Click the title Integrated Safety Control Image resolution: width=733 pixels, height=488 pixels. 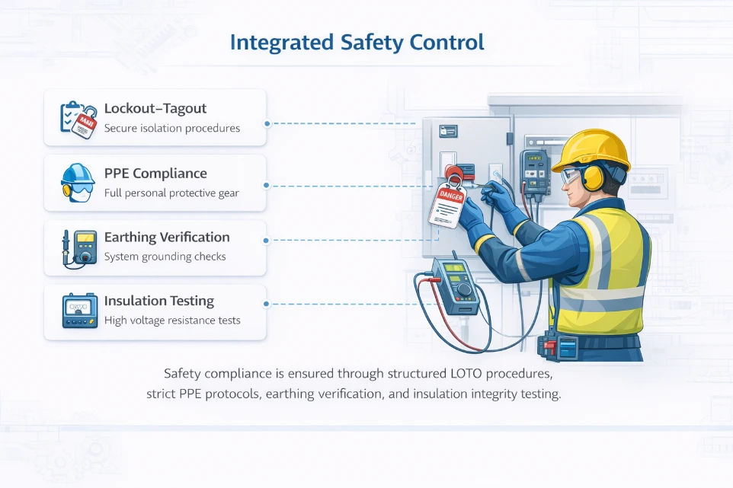(357, 42)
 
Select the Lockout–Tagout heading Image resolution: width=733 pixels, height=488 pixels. (155, 108)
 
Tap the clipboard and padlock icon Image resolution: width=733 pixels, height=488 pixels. (78, 120)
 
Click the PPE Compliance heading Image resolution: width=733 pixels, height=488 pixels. (155, 174)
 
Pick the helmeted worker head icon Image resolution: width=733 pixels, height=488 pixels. (78, 183)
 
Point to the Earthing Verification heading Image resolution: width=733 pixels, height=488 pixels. (167, 238)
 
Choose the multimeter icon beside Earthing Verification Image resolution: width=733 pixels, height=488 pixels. (79, 248)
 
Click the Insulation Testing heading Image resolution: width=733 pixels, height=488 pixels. (159, 301)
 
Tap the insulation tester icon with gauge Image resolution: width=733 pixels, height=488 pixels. (80, 311)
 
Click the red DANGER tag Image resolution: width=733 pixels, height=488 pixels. (447, 206)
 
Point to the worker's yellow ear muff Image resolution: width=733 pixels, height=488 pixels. (593, 178)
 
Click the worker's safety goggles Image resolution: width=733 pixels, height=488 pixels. (571, 176)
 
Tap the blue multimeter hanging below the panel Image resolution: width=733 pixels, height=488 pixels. (456, 285)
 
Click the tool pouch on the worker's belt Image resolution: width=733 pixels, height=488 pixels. (559, 347)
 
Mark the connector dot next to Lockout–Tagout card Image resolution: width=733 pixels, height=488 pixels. (267, 124)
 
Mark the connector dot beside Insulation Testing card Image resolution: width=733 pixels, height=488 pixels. (267, 304)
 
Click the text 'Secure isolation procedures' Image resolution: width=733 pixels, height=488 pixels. (172, 129)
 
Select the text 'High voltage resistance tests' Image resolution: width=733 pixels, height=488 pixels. (172, 321)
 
